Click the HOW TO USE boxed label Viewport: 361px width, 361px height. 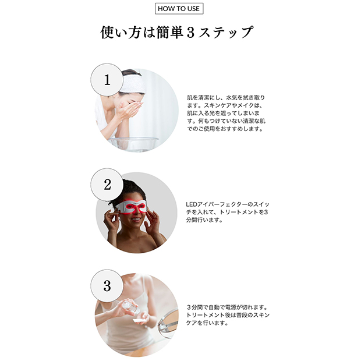pyautogui.click(x=179, y=9)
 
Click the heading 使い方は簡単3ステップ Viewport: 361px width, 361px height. pyautogui.click(x=177, y=32)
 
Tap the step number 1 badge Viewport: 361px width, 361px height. pyautogui.click(x=107, y=80)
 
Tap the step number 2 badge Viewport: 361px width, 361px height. pyautogui.click(x=107, y=185)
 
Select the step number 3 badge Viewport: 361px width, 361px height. pyautogui.click(x=107, y=286)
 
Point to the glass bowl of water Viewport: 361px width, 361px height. pyautogui.click(x=133, y=144)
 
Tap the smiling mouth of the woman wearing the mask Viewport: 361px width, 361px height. pyautogui.click(x=136, y=220)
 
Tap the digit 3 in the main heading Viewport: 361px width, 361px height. pyautogui.click(x=190, y=33)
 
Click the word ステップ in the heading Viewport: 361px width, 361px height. pyautogui.click(x=226, y=32)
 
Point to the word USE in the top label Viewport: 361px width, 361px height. pyautogui.click(x=193, y=9)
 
